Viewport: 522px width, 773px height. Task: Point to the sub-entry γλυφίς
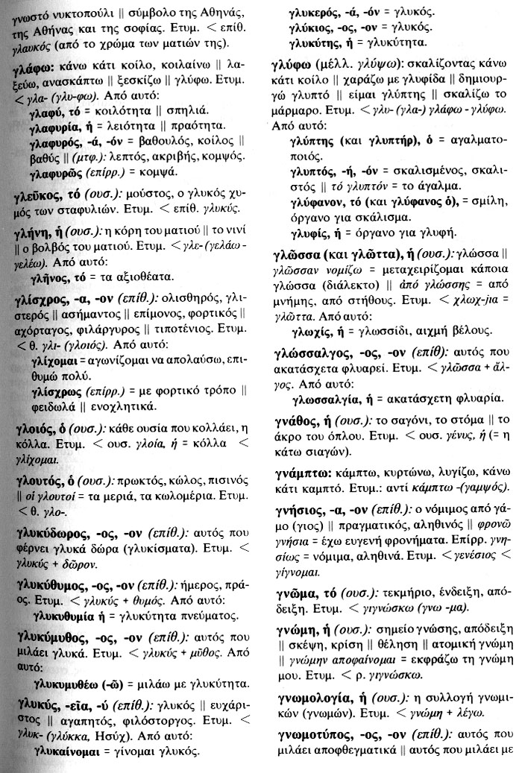[x=307, y=233]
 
